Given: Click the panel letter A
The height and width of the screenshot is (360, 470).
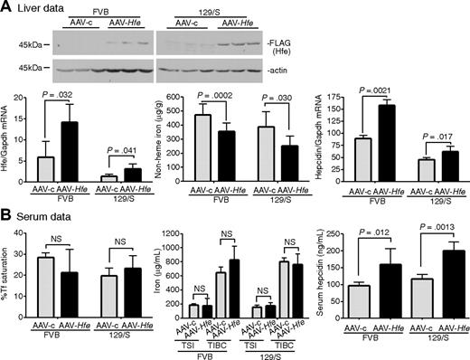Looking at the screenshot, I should coord(6,7).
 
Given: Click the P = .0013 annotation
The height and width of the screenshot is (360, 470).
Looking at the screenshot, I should coord(428,224).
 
